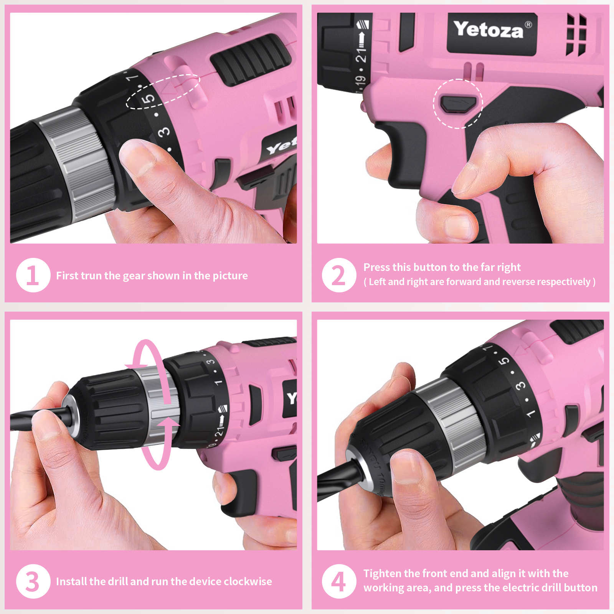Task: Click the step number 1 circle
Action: pos(33,275)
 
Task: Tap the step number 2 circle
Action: pos(339,275)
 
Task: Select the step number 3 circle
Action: pos(33,581)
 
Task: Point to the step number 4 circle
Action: pos(339,581)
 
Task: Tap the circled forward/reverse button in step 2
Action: pos(458,104)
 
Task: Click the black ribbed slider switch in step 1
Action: pos(251,58)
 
